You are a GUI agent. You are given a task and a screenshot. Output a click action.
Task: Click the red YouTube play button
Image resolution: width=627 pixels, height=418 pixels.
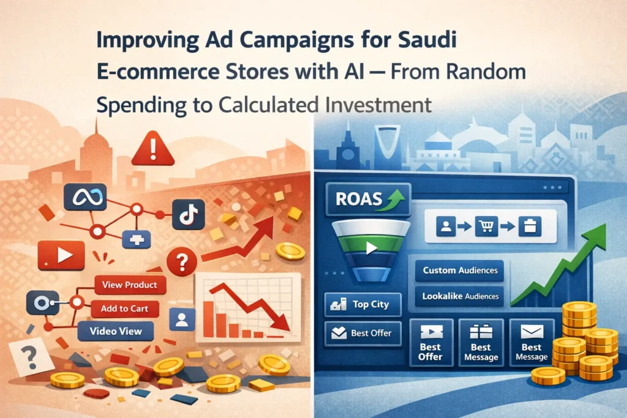(x=60, y=255)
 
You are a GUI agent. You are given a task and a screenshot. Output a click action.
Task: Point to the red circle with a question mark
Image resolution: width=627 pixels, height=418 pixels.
(x=181, y=264)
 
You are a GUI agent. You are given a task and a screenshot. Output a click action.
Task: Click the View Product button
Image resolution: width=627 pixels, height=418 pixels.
(x=130, y=285)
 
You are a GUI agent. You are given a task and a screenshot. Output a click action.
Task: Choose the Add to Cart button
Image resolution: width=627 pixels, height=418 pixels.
(x=126, y=308)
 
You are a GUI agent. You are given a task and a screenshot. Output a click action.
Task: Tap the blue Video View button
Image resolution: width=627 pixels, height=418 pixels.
(x=116, y=332)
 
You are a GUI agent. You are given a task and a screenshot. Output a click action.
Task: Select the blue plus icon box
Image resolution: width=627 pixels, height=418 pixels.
(x=137, y=240)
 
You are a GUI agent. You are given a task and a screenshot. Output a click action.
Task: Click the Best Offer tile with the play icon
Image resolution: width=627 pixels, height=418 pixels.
(x=430, y=342)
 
